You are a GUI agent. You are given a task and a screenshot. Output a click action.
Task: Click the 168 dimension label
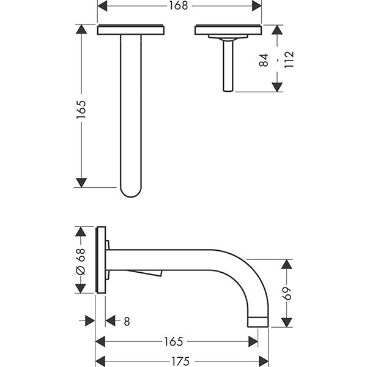179,6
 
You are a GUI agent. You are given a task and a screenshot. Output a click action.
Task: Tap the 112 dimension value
289,60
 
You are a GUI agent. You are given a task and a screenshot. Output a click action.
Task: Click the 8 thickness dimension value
127,321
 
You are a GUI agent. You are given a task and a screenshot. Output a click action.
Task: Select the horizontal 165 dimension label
176,340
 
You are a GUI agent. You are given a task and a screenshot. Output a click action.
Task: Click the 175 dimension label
181,361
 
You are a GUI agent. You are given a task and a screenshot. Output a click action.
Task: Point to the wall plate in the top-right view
228,29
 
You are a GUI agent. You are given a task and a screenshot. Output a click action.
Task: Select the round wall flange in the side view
101,261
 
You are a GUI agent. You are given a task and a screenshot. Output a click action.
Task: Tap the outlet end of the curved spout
258,322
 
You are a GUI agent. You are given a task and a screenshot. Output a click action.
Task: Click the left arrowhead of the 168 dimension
103,6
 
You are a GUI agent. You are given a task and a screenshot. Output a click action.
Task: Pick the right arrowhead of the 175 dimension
264,361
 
